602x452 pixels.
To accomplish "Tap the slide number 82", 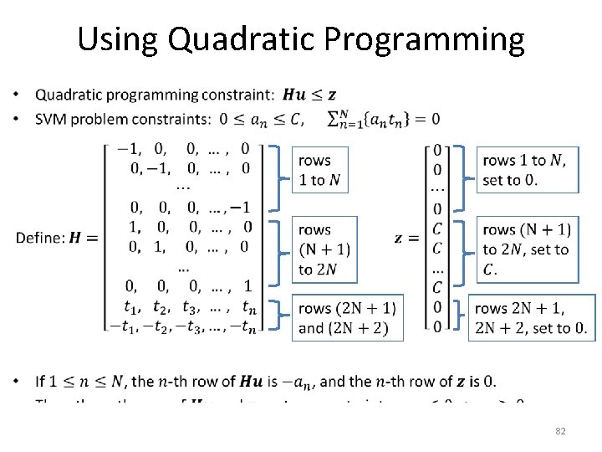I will (561, 431).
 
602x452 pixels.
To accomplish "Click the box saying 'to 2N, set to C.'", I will (526, 249).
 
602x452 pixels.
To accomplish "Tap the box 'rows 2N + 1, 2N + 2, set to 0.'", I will (532, 318).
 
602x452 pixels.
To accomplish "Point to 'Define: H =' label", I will (57, 239).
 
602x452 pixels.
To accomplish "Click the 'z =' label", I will (406, 239).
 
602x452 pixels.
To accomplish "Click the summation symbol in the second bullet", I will (335, 119).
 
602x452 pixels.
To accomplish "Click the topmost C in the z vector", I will (436, 229).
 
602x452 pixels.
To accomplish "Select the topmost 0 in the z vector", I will (437, 151).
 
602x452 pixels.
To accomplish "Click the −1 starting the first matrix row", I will (128, 150).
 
